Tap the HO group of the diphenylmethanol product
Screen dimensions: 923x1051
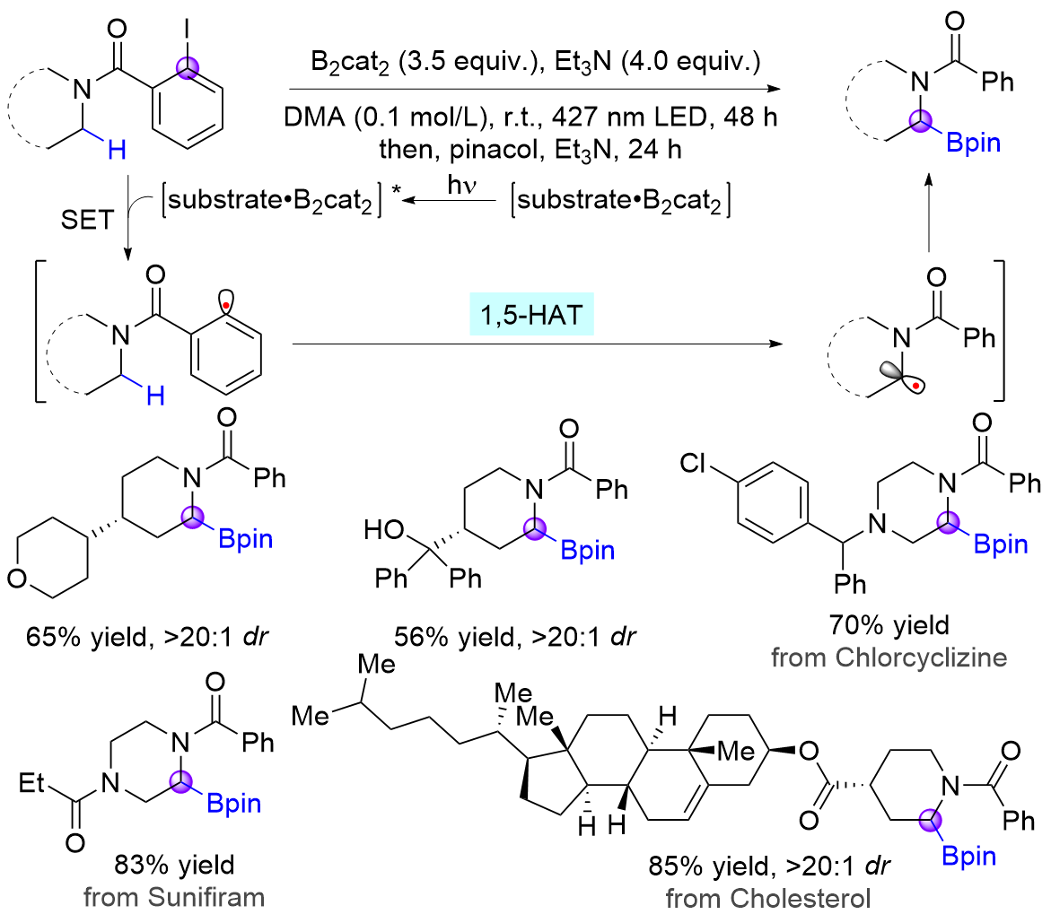point(382,533)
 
